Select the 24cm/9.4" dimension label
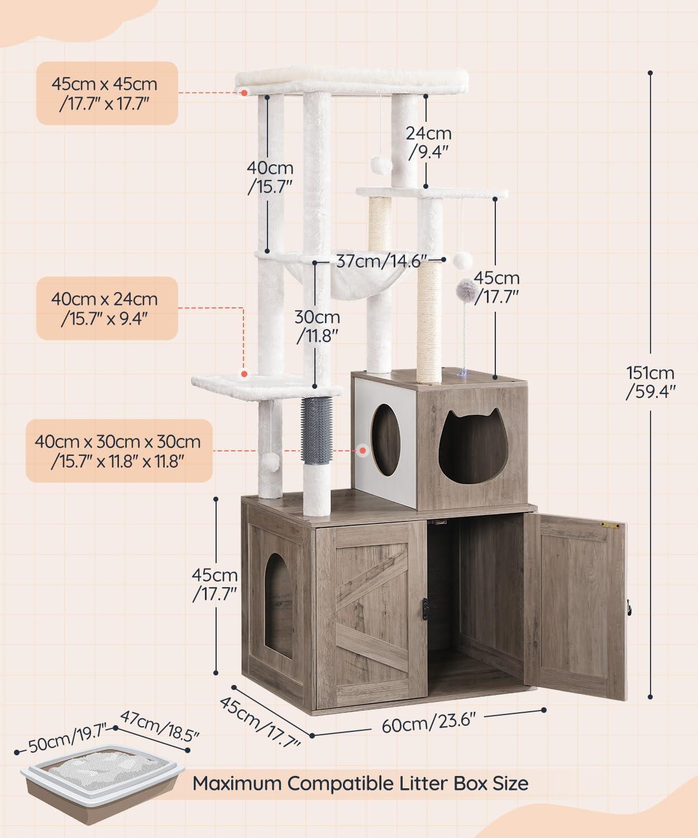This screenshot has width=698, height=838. coord(428,142)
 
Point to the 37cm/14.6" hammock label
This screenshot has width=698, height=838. coord(382,261)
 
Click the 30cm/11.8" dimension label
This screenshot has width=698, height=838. coord(317,326)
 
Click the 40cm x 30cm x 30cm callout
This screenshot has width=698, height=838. coord(118,451)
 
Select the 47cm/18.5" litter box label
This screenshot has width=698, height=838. coord(160,725)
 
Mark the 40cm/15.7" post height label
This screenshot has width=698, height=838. coord(271,177)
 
